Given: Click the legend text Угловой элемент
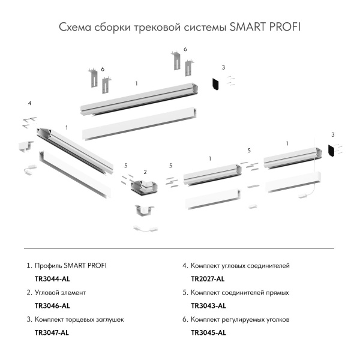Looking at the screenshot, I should [61, 293].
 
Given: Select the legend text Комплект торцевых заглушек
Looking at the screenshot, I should [79, 320].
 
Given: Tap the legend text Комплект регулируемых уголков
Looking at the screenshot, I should [240, 320].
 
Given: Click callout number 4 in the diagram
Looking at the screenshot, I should [29, 104].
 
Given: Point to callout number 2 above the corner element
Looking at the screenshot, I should [145, 172].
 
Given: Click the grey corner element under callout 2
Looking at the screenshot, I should [144, 187].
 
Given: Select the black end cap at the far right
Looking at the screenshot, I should [331, 151].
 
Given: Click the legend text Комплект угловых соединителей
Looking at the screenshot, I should [240, 265].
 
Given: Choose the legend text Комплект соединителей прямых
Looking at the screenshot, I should [239, 293].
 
